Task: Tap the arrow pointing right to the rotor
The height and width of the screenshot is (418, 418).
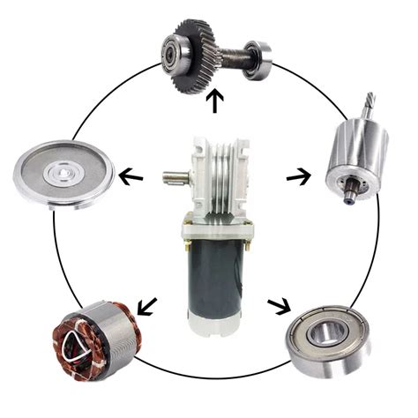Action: [x=298, y=176]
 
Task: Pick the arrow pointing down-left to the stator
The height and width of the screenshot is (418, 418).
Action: [x=146, y=306]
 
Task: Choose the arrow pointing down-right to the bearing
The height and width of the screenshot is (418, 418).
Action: [x=280, y=306]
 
